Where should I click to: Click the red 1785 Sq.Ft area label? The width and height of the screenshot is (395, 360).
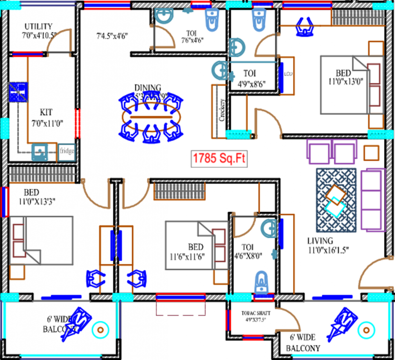point(219,158)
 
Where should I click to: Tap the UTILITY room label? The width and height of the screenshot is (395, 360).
point(38,27)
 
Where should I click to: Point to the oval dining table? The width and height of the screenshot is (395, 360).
point(150,115)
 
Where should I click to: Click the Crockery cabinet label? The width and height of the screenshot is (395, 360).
point(222,110)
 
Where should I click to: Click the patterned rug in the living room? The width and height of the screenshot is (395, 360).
point(336,200)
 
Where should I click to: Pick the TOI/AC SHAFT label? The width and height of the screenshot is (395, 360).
point(253,312)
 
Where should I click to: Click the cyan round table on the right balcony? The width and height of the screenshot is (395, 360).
point(366,331)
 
